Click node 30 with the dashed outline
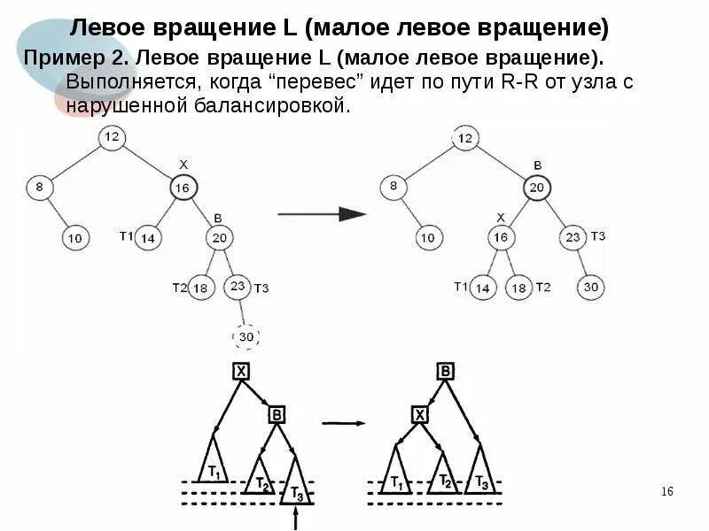247,337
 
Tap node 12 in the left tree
111,137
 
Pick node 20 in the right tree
537,188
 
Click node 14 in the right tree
483,288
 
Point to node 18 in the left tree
201,288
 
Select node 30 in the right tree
591,288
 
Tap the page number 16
668,492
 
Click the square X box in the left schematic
240,372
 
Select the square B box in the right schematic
444,372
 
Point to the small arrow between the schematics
343,423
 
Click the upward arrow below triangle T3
295,519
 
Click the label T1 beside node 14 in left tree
126,235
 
